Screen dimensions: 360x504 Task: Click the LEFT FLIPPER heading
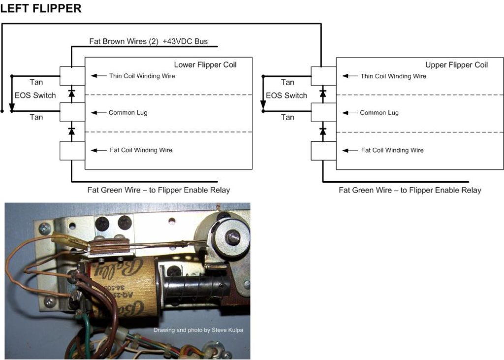(41, 9)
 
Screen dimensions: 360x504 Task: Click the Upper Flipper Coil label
(456, 65)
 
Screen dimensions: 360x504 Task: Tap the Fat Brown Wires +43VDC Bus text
(148, 41)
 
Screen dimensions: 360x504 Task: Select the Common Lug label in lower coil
(128, 113)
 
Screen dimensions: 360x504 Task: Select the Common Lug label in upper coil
(379, 113)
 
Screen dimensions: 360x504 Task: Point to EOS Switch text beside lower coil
(35, 95)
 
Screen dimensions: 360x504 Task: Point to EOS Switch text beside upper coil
(286, 95)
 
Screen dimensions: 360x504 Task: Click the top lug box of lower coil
(72, 76)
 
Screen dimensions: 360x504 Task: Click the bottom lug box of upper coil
(323, 151)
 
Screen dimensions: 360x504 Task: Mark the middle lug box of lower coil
(72, 113)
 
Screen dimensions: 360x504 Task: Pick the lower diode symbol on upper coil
(323, 131)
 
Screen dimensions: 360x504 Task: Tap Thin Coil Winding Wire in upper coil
(393, 76)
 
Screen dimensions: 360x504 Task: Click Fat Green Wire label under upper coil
(409, 190)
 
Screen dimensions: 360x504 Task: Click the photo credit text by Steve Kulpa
(198, 330)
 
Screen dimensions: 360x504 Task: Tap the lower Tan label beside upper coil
(287, 117)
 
